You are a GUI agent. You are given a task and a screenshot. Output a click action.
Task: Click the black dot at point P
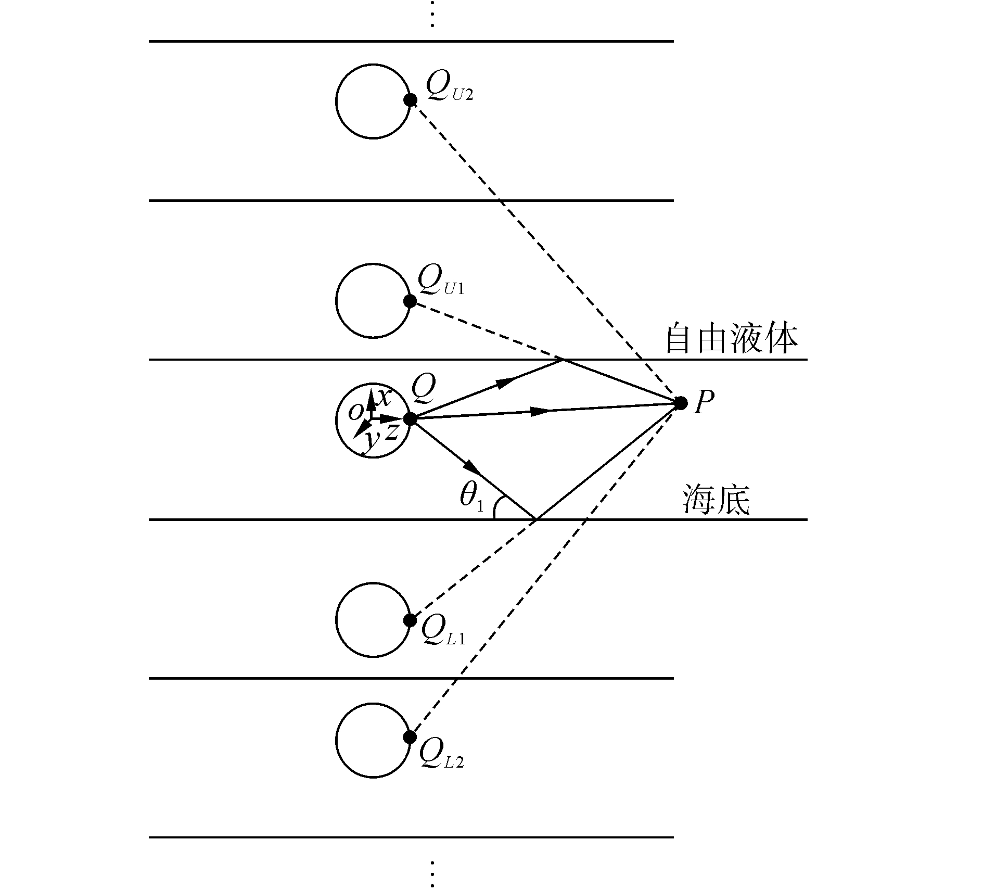point(680,403)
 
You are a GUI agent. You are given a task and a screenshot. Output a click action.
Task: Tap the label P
point(704,402)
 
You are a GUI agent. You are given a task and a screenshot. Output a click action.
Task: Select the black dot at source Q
point(410,418)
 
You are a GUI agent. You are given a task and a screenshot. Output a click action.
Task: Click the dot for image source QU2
point(411,100)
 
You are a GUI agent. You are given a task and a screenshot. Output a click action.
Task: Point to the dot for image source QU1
point(410,301)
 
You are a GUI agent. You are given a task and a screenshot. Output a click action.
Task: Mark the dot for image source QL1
point(410,620)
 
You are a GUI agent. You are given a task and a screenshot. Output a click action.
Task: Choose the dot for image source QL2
point(410,737)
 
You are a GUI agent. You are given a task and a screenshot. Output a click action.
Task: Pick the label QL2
point(441,756)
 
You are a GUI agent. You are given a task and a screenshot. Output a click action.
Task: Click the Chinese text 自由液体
point(732,339)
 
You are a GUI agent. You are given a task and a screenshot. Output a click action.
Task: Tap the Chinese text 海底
point(716,500)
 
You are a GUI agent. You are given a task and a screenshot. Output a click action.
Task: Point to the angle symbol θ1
point(471,498)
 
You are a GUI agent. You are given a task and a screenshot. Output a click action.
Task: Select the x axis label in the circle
point(384,398)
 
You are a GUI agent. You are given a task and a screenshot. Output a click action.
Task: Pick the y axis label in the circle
point(370,440)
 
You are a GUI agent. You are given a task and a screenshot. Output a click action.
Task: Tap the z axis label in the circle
point(391,431)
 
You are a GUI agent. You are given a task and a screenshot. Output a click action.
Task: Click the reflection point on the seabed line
point(536,519)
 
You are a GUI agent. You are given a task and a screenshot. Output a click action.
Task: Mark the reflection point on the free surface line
point(563,360)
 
